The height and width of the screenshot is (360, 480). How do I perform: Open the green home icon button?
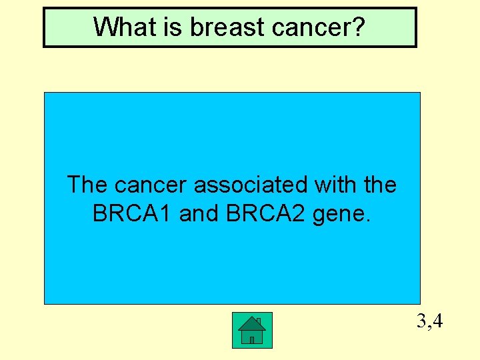tap(251, 330)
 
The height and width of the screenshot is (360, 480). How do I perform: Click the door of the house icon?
tap(251, 339)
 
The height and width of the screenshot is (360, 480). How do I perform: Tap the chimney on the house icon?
tap(259, 322)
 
